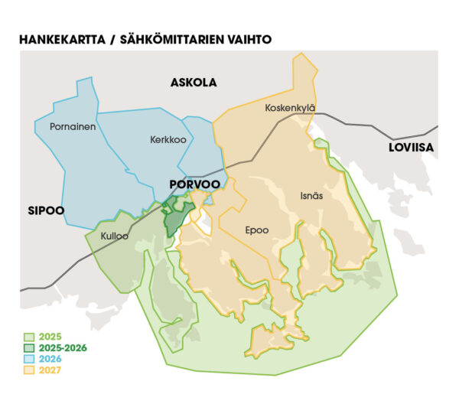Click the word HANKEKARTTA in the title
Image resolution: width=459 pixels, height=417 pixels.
[x=62, y=38]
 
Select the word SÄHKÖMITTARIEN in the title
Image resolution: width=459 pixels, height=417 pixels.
[x=172, y=38]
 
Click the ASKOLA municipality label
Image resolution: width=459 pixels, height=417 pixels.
[x=194, y=82]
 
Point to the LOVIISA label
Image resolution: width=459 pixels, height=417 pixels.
[x=410, y=147]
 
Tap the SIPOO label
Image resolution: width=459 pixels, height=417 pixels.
[x=45, y=210]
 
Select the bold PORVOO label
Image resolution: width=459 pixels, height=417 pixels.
[x=194, y=184]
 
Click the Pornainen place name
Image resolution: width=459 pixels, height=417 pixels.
[x=73, y=126]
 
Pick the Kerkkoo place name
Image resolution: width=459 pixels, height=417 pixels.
[x=168, y=140]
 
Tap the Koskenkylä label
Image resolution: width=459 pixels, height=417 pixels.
[x=290, y=108]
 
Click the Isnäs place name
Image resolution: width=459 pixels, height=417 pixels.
[x=314, y=196]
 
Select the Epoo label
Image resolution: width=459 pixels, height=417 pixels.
[x=256, y=229]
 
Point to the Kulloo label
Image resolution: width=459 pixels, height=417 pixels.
[x=115, y=236]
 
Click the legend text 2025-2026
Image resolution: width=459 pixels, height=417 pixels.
[x=63, y=348]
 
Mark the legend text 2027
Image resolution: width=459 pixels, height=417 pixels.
[x=49, y=370]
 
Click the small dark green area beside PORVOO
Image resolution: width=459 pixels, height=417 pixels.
[x=175, y=218]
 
